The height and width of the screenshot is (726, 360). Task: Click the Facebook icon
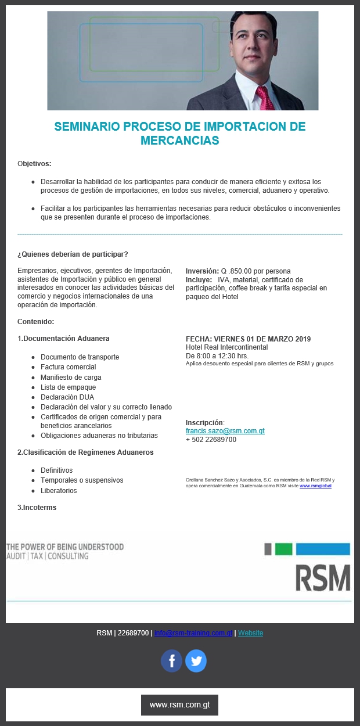(171, 661)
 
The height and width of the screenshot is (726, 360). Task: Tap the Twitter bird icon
(196, 661)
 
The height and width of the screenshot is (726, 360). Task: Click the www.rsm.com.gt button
(179, 705)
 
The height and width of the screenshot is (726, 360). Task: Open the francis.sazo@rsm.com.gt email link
(225, 431)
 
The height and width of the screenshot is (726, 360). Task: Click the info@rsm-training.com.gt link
(193, 633)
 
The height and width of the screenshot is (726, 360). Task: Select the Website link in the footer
(250, 633)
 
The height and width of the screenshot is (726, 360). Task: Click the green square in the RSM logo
(283, 549)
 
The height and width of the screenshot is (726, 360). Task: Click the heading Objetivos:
(34, 163)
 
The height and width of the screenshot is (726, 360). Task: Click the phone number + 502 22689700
(211, 440)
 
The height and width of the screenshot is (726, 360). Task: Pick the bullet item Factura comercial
(68, 367)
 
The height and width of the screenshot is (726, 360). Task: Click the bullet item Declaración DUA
(67, 397)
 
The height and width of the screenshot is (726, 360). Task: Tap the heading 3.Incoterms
(37, 507)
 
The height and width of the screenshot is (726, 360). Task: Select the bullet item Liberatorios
(59, 491)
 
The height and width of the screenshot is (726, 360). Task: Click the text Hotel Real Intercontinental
(226, 347)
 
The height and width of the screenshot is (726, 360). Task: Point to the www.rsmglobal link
(315, 486)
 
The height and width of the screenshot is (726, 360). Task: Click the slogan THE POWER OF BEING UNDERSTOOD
(65, 547)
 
